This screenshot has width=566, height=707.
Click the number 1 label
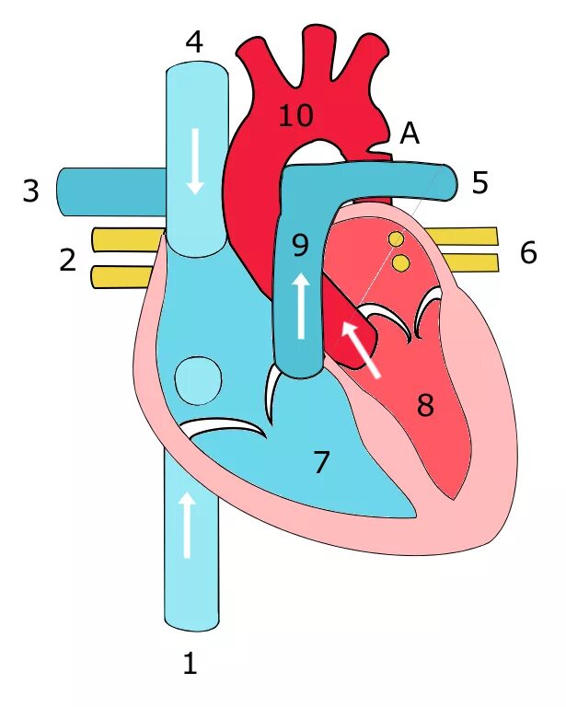point(190,663)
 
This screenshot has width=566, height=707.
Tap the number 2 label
point(67,261)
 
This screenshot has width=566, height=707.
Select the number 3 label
point(31,191)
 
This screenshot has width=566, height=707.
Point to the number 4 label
point(193,41)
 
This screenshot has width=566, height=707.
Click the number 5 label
point(479,183)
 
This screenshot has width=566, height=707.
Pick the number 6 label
point(527,253)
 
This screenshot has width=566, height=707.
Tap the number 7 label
point(320,462)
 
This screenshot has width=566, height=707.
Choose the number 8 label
point(424,405)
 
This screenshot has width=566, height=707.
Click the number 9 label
point(300,246)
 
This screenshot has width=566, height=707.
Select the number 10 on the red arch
point(295,116)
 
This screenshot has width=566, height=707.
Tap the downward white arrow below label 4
point(195,160)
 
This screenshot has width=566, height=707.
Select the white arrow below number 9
point(301,307)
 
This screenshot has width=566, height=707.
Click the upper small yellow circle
point(396,239)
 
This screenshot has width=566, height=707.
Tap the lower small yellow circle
point(400,263)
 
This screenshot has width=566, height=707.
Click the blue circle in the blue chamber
point(198,380)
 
